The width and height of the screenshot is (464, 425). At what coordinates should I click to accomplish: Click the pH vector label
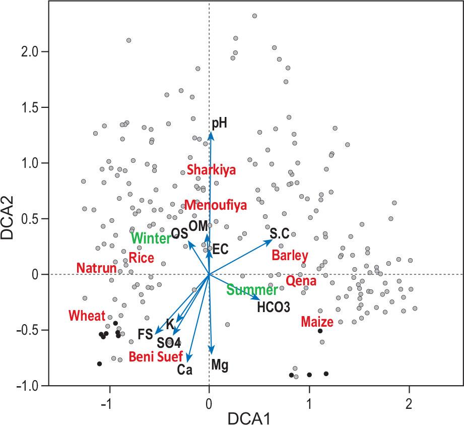[220, 122]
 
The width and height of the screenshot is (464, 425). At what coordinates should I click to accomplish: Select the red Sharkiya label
[211, 170]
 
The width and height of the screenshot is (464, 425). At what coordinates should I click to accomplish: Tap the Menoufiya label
[215, 205]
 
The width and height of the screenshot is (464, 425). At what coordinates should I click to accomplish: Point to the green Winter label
[151, 237]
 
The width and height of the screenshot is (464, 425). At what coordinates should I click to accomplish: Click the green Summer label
[252, 290]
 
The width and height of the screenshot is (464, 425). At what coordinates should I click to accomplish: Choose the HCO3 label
[273, 306]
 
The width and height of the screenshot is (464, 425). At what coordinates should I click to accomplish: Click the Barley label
[290, 255]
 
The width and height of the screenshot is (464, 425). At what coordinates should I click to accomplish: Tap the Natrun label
[96, 268]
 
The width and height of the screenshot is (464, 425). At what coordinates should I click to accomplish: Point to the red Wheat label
[87, 316]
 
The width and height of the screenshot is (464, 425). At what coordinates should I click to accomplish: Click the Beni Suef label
[156, 357]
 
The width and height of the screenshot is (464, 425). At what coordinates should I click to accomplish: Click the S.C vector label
[279, 233]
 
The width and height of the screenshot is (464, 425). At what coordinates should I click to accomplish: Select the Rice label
[141, 257]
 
